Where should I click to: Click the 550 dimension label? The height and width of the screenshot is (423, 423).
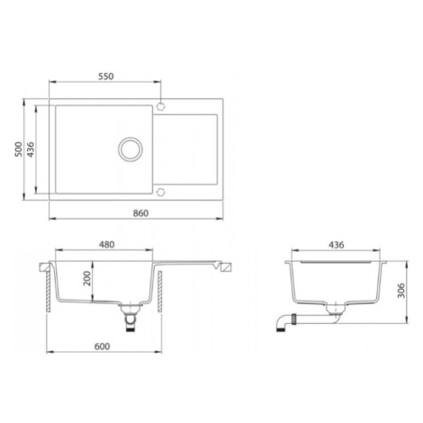point(106,76)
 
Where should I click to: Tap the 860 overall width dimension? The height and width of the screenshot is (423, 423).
point(140,213)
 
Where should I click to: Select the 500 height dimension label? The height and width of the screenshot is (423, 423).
point(19,149)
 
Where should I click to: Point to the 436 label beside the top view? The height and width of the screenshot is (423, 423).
point(31,149)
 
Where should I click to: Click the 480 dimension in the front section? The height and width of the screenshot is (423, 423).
point(107,245)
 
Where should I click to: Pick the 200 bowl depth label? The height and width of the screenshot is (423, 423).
point(87,278)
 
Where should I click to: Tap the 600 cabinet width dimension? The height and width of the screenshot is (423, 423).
point(102,346)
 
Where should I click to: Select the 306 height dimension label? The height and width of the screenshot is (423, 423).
point(400,291)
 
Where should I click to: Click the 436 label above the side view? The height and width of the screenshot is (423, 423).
point(337,245)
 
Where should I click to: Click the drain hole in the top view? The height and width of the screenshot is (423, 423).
point(130,149)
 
